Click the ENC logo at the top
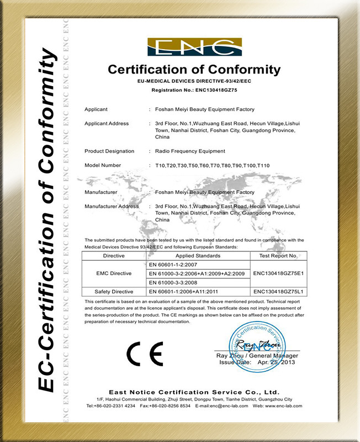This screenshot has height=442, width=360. click(x=194, y=48)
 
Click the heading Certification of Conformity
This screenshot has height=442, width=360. click(x=194, y=70)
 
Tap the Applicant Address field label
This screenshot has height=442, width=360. click(x=107, y=124)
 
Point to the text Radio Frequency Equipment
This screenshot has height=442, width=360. click(x=190, y=151)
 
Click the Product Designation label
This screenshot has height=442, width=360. click(x=109, y=151)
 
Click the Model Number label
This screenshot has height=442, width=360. click(x=103, y=165)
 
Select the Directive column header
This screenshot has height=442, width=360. click(x=114, y=256)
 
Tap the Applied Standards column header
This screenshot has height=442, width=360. click(x=198, y=256)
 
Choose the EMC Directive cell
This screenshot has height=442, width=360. click(x=114, y=273)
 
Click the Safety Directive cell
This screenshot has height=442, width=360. click(x=114, y=291)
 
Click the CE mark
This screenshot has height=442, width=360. click(x=145, y=354)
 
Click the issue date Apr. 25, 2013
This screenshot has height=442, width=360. click(x=279, y=362)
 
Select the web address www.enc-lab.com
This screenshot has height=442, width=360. click(x=284, y=406)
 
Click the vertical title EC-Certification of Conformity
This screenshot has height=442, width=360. click(x=46, y=221)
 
